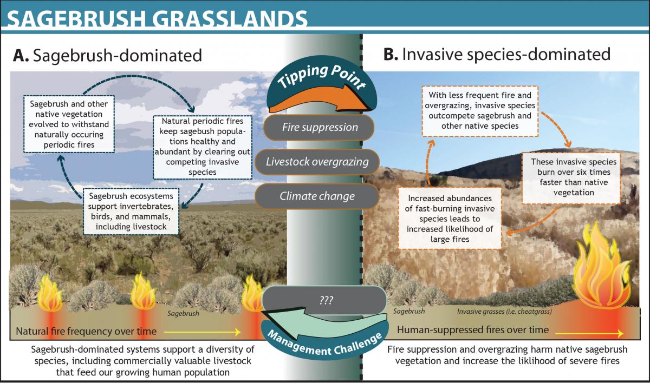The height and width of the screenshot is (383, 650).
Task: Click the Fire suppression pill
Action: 319,128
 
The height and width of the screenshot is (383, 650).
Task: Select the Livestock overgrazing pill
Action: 317,162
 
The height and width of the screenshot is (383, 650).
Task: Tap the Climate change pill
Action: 317,196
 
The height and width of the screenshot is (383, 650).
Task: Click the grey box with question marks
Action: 324,300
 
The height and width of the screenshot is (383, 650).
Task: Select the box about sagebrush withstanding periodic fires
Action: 69,124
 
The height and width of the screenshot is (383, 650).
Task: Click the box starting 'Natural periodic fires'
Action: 203,147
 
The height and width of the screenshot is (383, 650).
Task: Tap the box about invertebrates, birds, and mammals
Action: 131,212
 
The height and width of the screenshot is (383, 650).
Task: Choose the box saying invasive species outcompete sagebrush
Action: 480,111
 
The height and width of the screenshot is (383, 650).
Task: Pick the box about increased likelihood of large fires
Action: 450,219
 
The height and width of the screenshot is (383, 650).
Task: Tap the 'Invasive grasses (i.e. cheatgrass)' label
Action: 504,312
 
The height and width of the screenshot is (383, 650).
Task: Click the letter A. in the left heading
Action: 21,55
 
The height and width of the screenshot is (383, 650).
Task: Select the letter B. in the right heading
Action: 391,54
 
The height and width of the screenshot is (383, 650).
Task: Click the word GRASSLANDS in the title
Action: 229,19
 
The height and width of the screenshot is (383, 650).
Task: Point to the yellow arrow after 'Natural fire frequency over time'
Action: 202,332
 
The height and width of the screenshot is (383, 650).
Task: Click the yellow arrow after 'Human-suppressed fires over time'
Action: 589,333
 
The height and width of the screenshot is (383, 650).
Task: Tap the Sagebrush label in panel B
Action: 409,312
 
